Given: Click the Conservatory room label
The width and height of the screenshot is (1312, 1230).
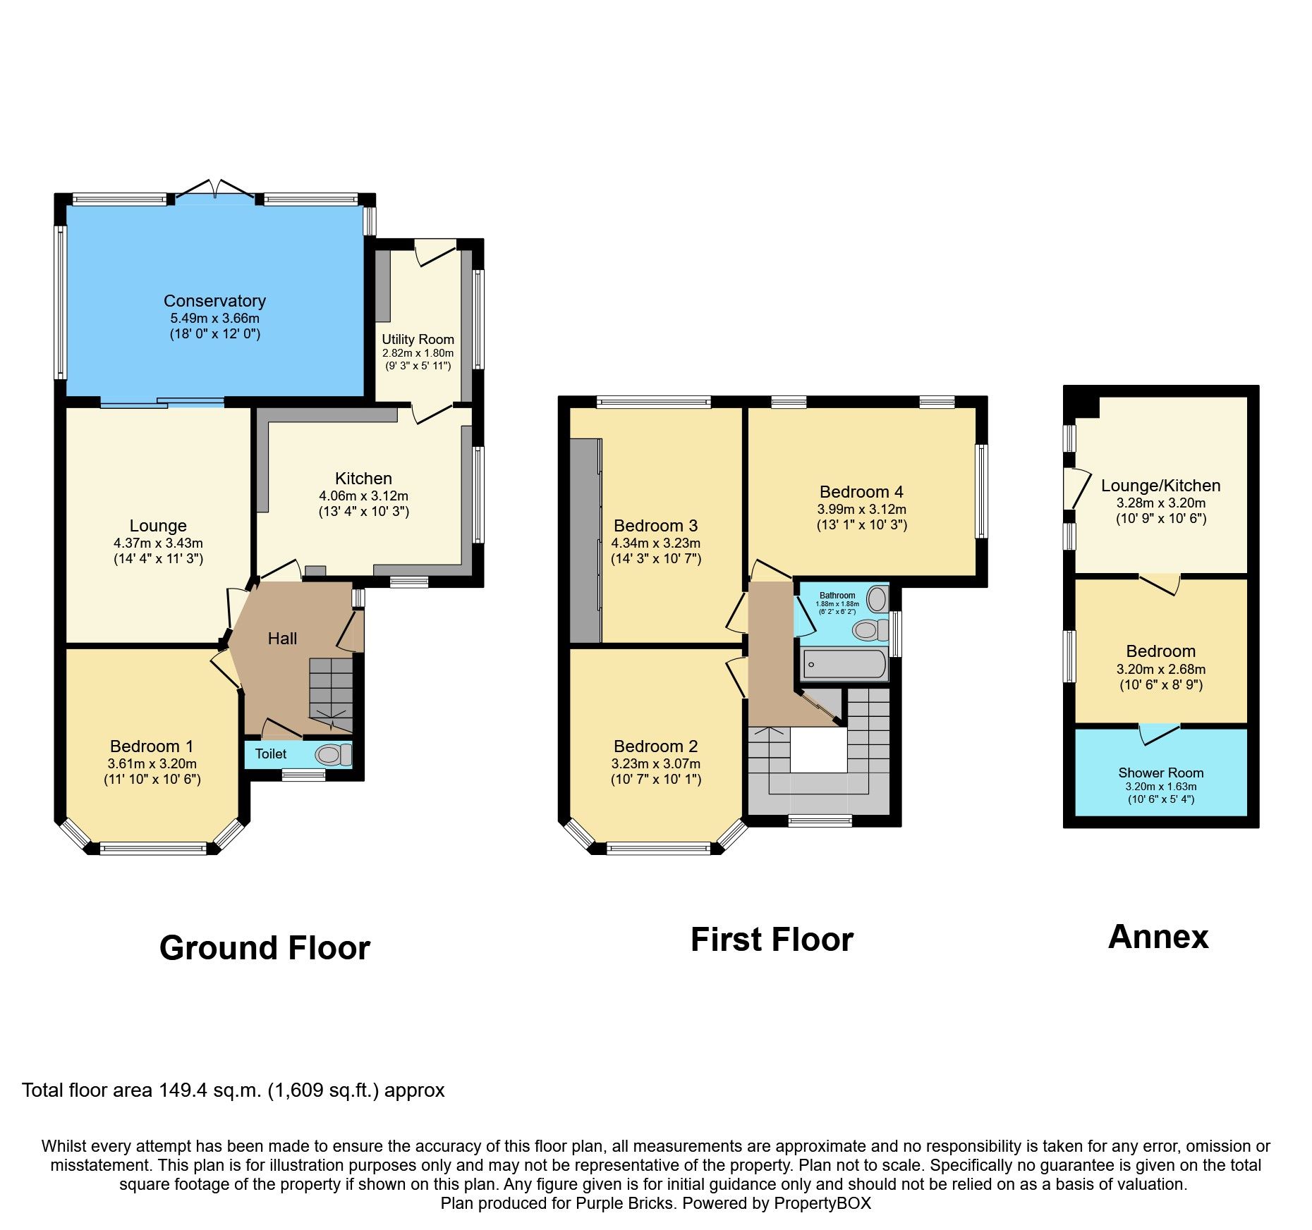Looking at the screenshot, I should pyautogui.click(x=214, y=301).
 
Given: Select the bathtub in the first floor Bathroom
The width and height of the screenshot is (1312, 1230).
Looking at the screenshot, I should pyautogui.click(x=844, y=664).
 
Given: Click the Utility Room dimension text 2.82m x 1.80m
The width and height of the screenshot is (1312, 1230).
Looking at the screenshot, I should pyautogui.click(x=418, y=353).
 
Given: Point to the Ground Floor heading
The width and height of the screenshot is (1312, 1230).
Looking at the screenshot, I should pyautogui.click(x=265, y=948).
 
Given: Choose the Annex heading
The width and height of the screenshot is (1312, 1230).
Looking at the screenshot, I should pyautogui.click(x=1158, y=937).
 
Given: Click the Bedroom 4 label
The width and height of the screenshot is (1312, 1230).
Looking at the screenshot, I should pyautogui.click(x=861, y=492).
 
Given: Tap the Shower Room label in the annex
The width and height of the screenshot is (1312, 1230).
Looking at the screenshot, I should pyautogui.click(x=1160, y=773).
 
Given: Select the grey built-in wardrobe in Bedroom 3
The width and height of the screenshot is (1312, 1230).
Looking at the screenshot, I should pyautogui.click(x=585, y=541).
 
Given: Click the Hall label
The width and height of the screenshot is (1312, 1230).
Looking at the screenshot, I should pyautogui.click(x=282, y=639).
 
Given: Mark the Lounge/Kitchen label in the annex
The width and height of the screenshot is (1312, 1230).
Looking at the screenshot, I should pyautogui.click(x=1160, y=486).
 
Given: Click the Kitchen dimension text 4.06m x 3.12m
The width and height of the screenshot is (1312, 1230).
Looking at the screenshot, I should pyautogui.click(x=363, y=496).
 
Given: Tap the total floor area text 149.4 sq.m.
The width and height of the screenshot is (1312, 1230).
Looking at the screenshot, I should pyautogui.click(x=233, y=1090).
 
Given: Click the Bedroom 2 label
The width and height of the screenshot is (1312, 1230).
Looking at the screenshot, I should pyautogui.click(x=655, y=746).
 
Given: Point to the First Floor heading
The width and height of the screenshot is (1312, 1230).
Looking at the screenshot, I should pyautogui.click(x=772, y=940).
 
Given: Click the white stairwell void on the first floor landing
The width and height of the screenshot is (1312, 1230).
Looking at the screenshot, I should pyautogui.click(x=818, y=751).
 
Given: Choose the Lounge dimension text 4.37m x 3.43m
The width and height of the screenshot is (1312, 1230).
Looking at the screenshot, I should pyautogui.click(x=158, y=543).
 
